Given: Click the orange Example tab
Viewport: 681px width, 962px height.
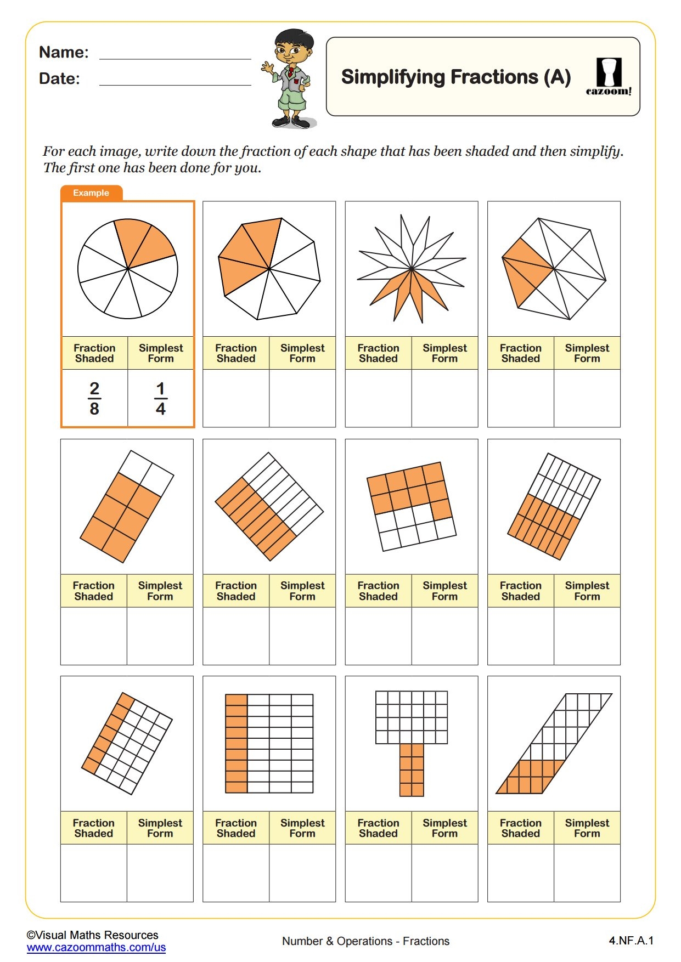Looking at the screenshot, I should (x=91, y=193).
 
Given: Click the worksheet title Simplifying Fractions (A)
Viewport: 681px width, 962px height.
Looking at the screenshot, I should (x=456, y=77).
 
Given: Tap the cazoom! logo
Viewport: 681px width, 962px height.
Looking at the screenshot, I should (x=609, y=77).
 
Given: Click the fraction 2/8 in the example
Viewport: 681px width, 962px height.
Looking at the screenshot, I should (x=94, y=399).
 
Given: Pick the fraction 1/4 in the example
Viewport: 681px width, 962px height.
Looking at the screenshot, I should (x=161, y=399).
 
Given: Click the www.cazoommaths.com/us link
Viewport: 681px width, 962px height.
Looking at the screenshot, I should (x=96, y=947).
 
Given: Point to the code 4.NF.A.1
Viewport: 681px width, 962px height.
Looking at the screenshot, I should (x=631, y=941).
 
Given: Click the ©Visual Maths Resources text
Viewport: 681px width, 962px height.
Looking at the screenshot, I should (x=92, y=935).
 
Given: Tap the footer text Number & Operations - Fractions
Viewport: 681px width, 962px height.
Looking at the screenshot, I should (x=365, y=941).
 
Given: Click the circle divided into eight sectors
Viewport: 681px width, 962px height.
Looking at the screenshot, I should (x=128, y=269).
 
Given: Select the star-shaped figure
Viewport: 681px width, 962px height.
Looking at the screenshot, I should (x=411, y=268).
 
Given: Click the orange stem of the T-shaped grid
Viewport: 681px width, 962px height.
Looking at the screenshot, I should (x=412, y=770).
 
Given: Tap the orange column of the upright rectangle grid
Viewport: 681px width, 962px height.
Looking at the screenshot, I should (x=237, y=744).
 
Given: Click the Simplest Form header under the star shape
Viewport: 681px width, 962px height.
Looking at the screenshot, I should (x=444, y=353).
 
